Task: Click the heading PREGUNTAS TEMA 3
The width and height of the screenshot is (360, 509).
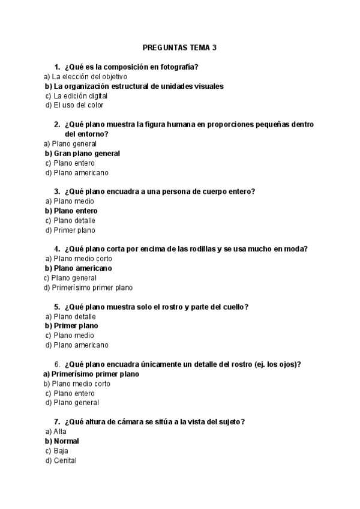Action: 180,47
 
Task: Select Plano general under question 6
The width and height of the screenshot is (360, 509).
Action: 76,403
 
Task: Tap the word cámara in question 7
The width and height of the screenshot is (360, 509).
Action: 135,422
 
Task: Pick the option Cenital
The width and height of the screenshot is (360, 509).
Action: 65,460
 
